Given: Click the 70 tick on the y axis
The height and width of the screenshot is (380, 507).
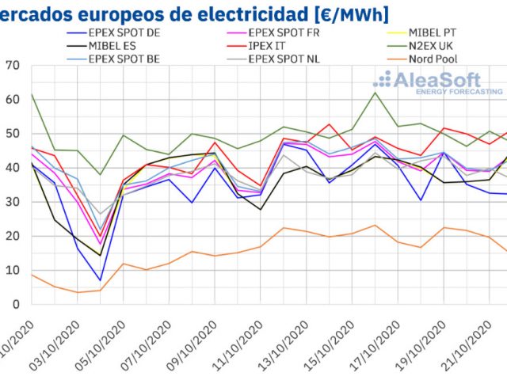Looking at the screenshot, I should (x=12, y=66).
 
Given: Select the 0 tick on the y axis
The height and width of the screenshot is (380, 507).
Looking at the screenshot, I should (x=15, y=304).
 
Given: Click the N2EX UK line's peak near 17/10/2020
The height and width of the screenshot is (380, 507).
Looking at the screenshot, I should (x=375, y=93).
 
